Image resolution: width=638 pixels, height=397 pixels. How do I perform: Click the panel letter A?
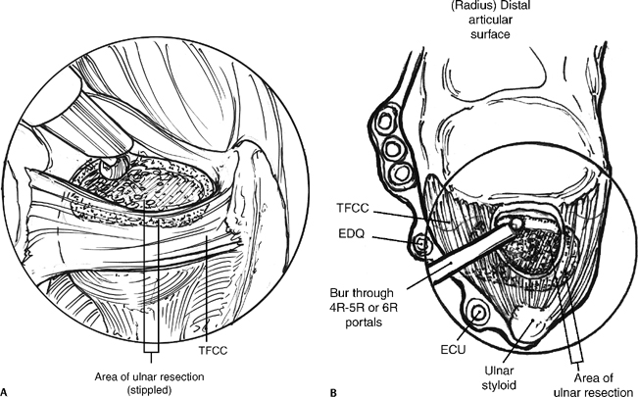click(7, 391)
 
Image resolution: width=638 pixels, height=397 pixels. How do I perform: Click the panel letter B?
click(335, 391)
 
